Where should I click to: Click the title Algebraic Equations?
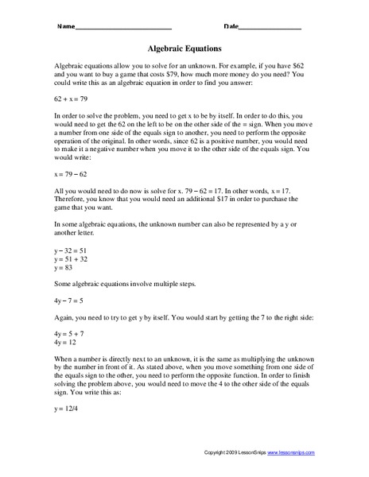click(184, 47)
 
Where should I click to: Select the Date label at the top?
click(231, 27)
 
